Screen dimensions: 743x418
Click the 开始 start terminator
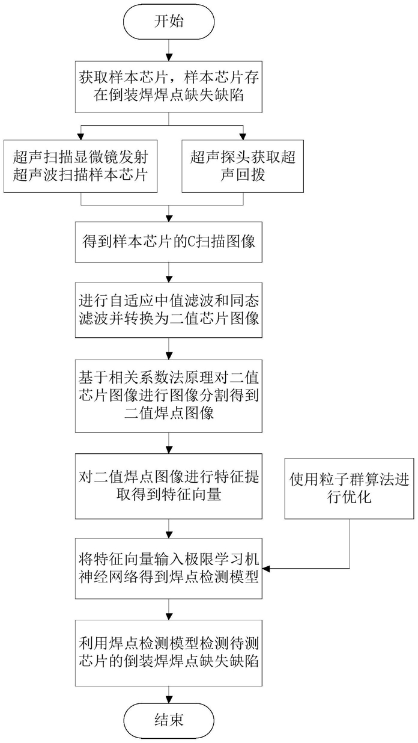tap(169, 22)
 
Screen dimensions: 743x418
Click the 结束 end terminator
tap(169, 718)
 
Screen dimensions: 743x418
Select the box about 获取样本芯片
tap(169, 87)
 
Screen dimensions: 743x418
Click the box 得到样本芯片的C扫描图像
tap(169, 243)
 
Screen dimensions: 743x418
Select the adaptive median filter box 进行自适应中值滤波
tap(169, 309)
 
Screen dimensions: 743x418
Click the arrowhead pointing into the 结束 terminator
tap(169, 697)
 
